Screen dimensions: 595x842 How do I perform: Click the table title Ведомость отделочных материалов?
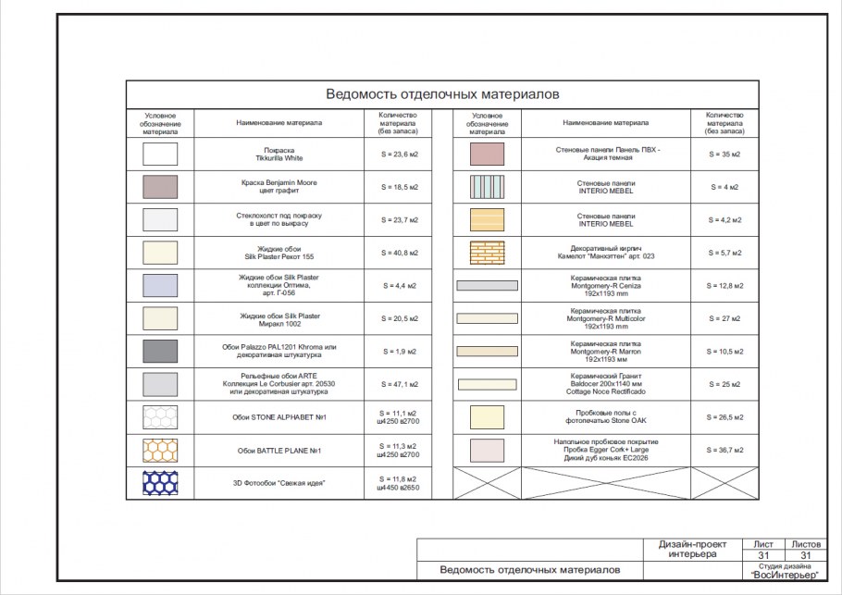pyautogui.click(x=442, y=94)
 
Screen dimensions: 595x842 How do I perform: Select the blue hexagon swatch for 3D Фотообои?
pyautogui.click(x=160, y=482)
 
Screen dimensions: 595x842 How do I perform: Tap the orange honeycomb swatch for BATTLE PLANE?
pyautogui.click(x=160, y=450)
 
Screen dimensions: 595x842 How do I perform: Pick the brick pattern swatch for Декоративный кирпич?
pyautogui.click(x=487, y=253)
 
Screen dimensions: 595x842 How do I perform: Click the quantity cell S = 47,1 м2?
pyautogui.click(x=400, y=384)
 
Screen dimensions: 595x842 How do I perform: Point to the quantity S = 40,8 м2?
pyautogui.click(x=400, y=253)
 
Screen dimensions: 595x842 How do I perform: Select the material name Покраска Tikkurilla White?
pyautogui.click(x=279, y=154)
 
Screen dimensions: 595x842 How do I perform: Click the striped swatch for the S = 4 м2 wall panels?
pyautogui.click(x=487, y=187)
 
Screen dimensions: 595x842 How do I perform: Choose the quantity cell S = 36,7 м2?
pyautogui.click(x=725, y=450)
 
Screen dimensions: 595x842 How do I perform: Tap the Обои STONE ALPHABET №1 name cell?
pyautogui.click(x=279, y=417)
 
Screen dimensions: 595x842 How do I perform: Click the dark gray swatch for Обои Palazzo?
pyautogui.click(x=160, y=351)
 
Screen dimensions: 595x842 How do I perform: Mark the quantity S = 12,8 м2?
pyautogui.click(x=725, y=286)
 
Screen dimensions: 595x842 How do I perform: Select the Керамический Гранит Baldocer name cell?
pyautogui.click(x=606, y=384)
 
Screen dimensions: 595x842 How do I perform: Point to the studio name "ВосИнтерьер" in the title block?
pyautogui.click(x=786, y=575)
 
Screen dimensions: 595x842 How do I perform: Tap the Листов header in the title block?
pyautogui.click(x=802, y=544)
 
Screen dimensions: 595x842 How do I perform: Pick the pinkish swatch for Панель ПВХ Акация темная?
pyautogui.click(x=487, y=154)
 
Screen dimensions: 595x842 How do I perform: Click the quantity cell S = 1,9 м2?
pyautogui.click(x=400, y=352)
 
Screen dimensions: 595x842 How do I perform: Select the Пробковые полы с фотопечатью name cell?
pyautogui.click(x=606, y=417)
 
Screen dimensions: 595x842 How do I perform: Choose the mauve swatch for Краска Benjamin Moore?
pyautogui.click(x=160, y=187)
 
